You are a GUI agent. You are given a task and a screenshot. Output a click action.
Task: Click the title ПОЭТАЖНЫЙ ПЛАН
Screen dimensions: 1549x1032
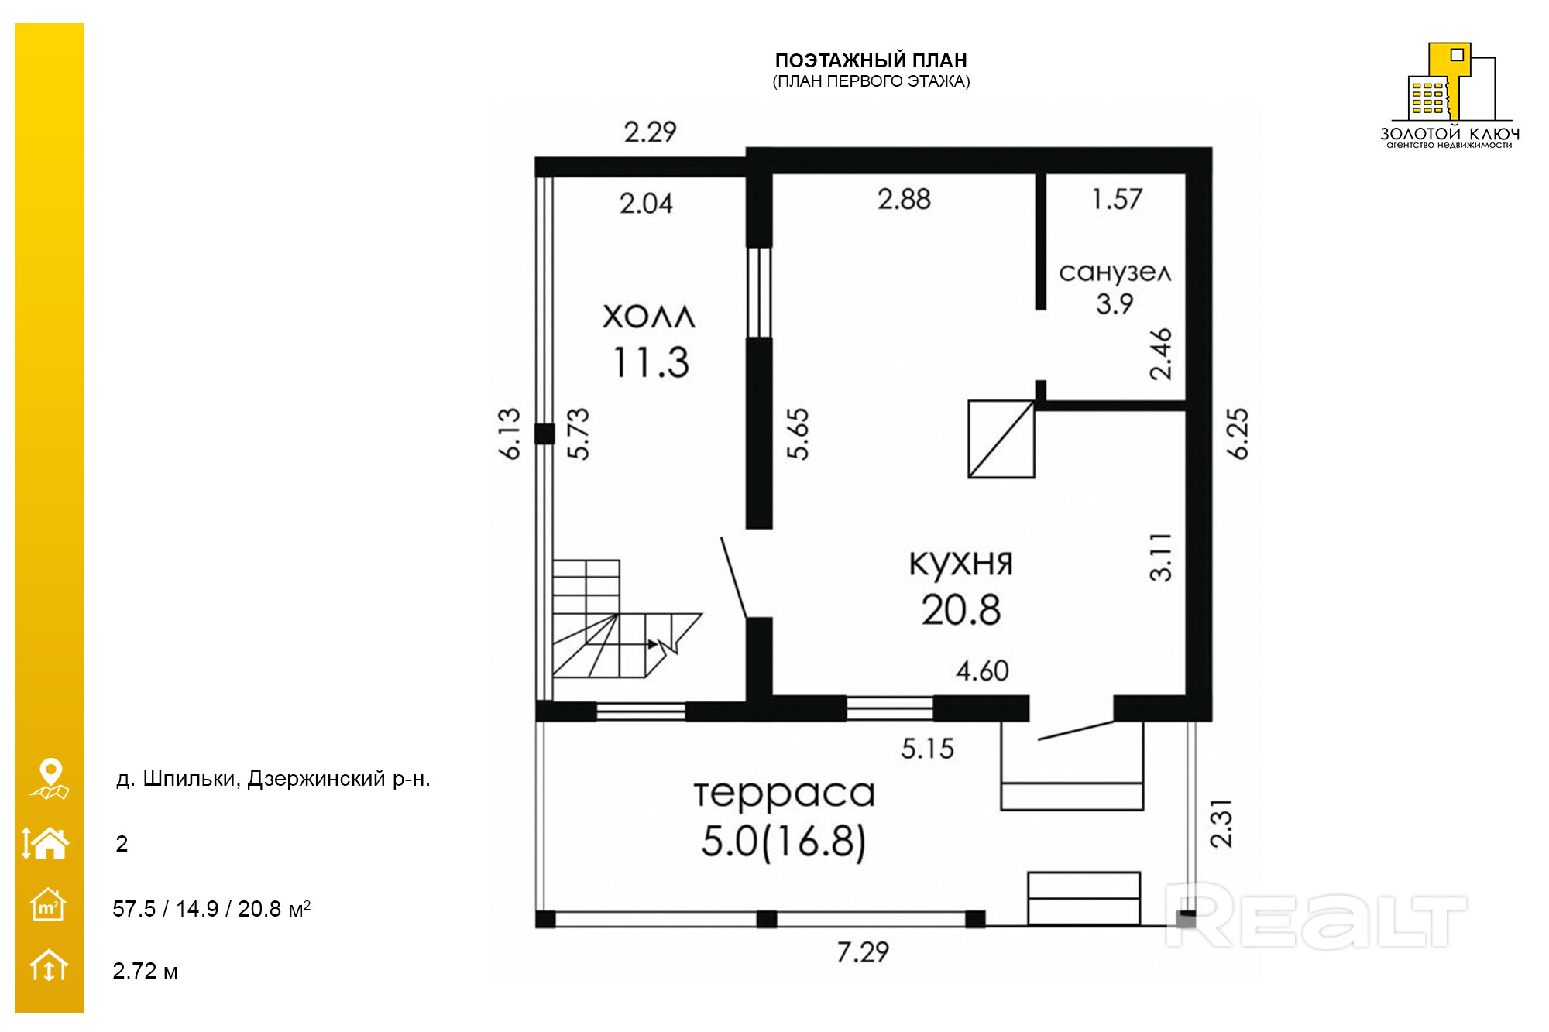871,60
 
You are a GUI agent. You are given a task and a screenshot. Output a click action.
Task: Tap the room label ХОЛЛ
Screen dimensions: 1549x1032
649,317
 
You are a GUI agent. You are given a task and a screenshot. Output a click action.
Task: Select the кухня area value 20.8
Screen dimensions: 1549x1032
961,609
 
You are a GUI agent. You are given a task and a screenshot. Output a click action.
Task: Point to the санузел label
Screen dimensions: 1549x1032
1115,272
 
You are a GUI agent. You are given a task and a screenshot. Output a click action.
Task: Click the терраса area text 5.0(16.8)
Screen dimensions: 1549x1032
784,842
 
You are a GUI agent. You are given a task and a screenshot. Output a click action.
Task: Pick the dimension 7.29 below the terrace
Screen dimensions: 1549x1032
863,951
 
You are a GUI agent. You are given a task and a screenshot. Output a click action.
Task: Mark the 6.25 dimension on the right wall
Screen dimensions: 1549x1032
1238,434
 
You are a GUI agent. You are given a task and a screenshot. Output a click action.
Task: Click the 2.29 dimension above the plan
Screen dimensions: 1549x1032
651,132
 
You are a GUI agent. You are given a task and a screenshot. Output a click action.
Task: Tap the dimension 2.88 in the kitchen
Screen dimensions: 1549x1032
904,200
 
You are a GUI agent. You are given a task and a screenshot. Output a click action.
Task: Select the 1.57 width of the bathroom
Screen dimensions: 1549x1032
1117,199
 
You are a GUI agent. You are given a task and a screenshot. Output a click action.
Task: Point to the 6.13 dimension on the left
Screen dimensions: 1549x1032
509,434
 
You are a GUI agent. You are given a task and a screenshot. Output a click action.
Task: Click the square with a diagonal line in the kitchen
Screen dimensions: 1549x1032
1001,438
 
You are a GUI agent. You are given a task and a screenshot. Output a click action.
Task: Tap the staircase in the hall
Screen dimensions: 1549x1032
620,619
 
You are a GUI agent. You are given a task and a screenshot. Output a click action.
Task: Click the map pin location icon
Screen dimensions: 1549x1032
50,778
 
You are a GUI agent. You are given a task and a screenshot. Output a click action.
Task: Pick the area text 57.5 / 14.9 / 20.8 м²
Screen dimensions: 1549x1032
211,908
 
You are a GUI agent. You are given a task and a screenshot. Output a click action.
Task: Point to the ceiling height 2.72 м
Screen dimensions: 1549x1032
145,971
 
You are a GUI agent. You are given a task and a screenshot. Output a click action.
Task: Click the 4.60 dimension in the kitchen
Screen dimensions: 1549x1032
982,670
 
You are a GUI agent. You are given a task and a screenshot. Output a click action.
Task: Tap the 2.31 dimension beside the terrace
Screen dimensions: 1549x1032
1220,823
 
